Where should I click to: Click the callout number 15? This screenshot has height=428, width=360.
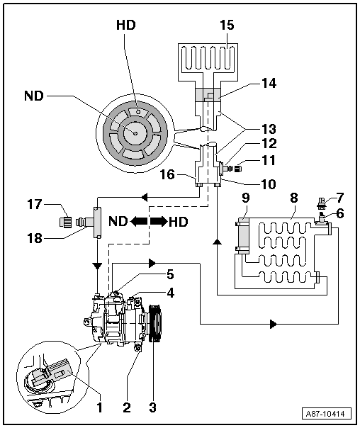(x=227, y=25)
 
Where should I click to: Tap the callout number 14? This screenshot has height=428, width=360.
(x=269, y=83)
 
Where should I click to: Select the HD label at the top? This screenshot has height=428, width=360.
(x=126, y=25)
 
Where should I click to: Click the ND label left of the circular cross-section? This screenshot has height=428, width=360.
(x=34, y=96)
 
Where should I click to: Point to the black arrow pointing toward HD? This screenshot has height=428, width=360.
(x=158, y=221)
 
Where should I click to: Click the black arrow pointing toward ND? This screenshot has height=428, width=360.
(x=139, y=221)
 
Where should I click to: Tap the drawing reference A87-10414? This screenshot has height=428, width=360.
(x=327, y=414)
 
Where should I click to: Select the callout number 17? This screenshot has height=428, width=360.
(x=35, y=204)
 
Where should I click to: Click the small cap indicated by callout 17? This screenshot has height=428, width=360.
(x=66, y=221)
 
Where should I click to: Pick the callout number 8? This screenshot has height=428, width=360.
(x=293, y=198)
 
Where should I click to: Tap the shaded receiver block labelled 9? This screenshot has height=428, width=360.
(x=242, y=236)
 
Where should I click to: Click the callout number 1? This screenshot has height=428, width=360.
(x=100, y=407)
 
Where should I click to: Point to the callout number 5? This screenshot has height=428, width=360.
(x=170, y=275)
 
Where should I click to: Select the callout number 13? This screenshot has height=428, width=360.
(x=269, y=129)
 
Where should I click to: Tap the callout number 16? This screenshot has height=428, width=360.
(x=167, y=174)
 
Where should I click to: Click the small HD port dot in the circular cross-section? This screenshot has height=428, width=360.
(x=138, y=112)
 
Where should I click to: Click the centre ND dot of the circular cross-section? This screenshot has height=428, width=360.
(x=135, y=133)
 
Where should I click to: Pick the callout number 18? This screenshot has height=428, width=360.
(x=35, y=238)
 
